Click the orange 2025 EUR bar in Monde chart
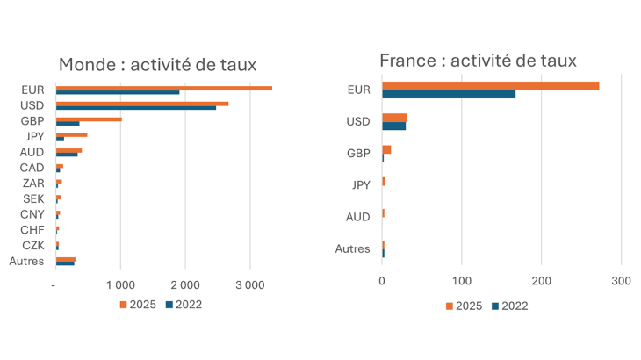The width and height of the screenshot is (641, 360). pos(163,88)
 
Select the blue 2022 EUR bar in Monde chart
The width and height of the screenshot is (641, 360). pos(118,92)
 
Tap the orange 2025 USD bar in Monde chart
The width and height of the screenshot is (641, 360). pos(142,104)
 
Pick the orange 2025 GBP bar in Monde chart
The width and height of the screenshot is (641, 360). pos(89,119)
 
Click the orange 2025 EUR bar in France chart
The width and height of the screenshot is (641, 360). pos(490,85)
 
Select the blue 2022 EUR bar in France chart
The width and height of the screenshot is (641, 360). pos(449,94)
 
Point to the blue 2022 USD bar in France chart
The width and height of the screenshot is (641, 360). pos(393,126)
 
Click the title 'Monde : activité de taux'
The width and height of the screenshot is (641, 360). pos(162,64)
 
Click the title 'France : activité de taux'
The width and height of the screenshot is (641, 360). pos(478,60)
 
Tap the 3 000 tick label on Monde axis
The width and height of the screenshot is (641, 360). pos(249,285)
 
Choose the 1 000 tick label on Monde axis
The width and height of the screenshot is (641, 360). pos(120,285)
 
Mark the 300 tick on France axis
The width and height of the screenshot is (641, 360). pos(621,281)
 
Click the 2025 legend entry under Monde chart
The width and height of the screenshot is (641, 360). pos(133,305)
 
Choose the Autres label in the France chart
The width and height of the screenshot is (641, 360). pos(352,249)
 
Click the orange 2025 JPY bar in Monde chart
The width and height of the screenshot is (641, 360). pos(71,134)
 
